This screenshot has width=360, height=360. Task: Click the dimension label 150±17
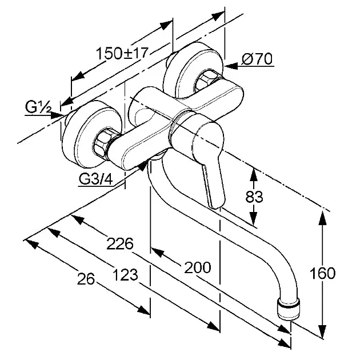click(x=122, y=53)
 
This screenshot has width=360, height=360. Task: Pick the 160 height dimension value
click(x=323, y=273)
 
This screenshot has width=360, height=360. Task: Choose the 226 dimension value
click(x=120, y=244)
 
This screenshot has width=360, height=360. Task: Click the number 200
click(x=198, y=267)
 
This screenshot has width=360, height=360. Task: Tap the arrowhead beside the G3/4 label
click(x=142, y=166)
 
